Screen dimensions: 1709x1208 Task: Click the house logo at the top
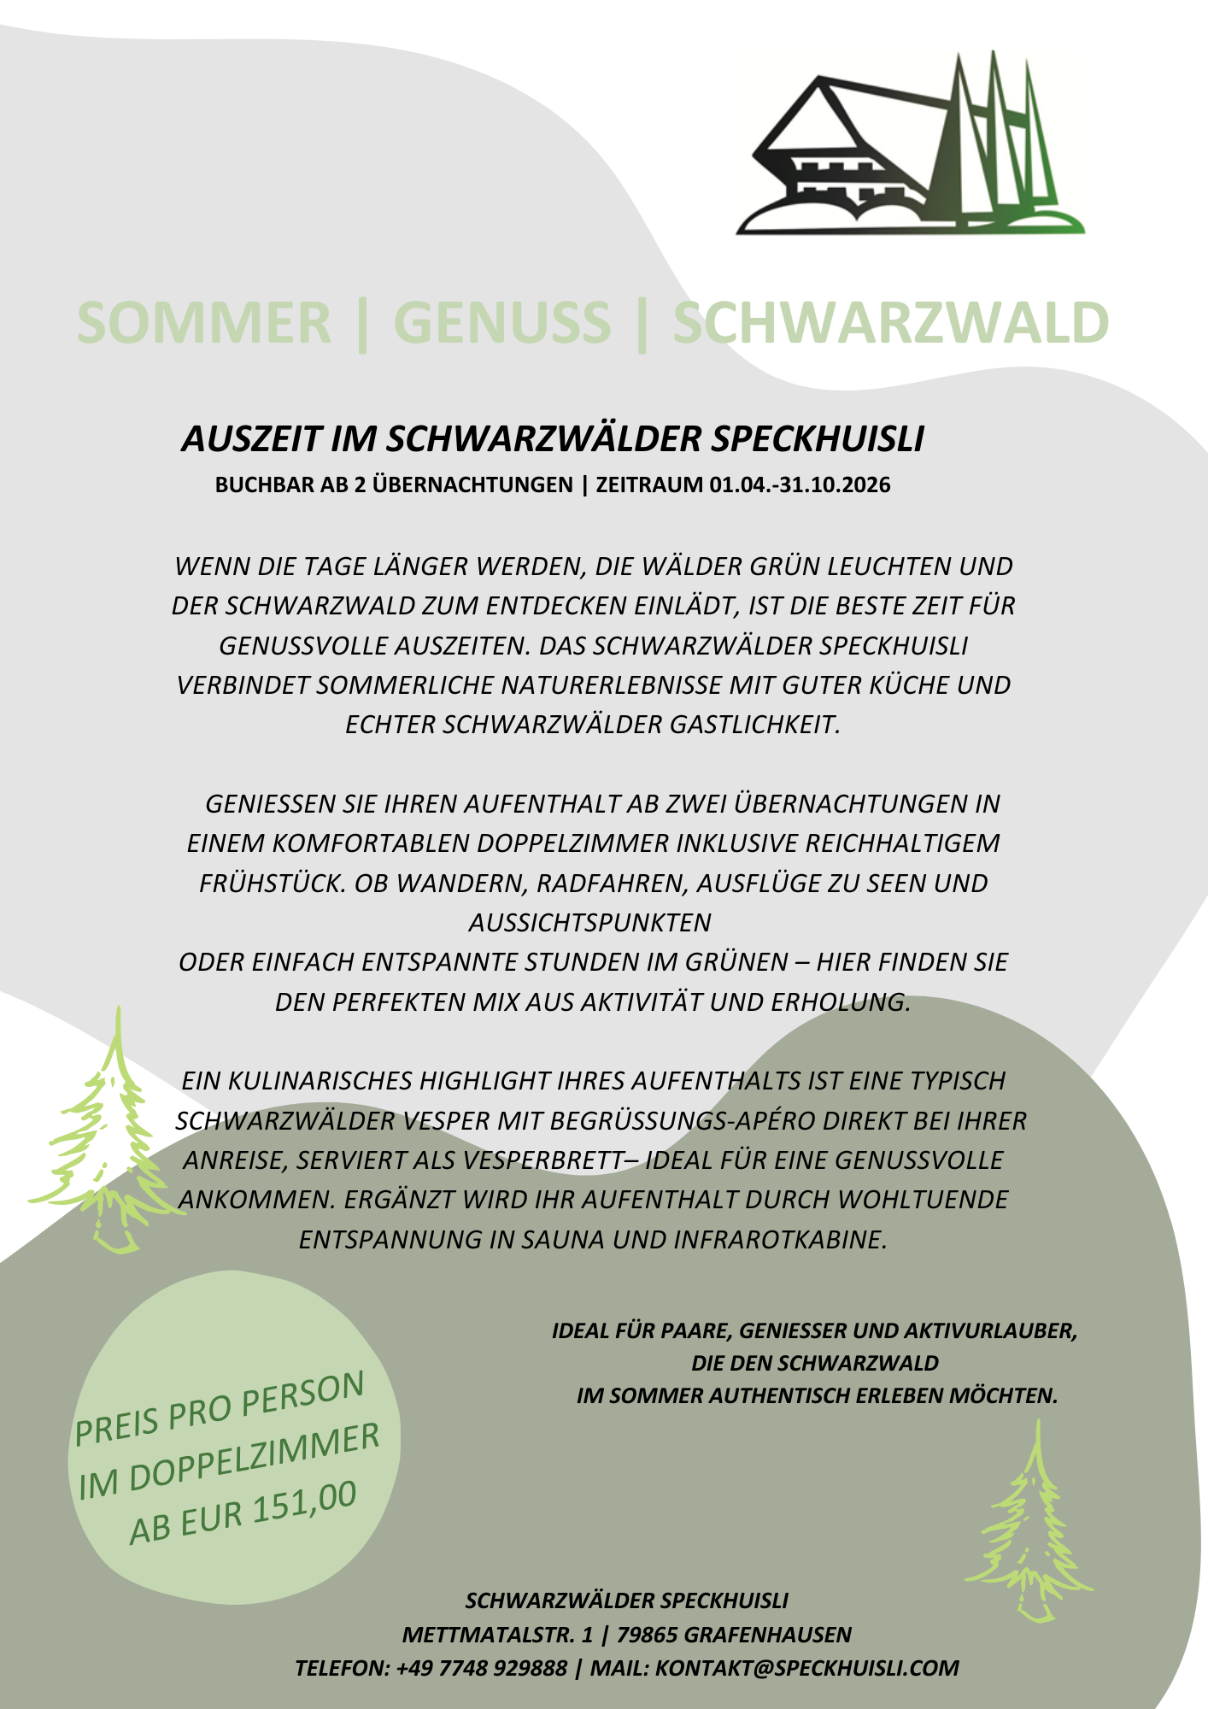click(910, 145)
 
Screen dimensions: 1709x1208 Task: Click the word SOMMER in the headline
click(203, 323)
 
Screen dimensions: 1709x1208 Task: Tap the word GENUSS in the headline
click(502, 323)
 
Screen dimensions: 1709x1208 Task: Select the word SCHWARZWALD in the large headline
click(890, 323)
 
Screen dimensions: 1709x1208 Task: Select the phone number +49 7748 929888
click(482, 1668)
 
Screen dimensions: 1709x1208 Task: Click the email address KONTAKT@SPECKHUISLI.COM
click(807, 1668)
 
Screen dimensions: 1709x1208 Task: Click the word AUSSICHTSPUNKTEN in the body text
click(589, 923)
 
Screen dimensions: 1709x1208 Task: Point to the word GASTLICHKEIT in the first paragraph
click(755, 725)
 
